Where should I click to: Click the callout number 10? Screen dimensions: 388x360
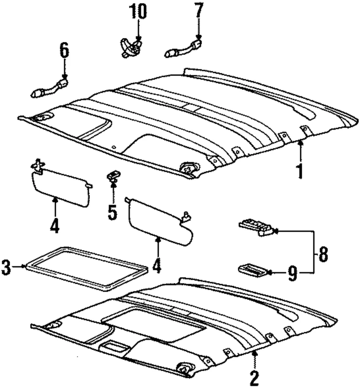138,12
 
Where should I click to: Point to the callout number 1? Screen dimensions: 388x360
300,170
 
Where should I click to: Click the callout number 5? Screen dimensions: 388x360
112,211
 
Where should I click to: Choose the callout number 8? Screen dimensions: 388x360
323,255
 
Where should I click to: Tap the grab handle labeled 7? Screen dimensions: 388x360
183,47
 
